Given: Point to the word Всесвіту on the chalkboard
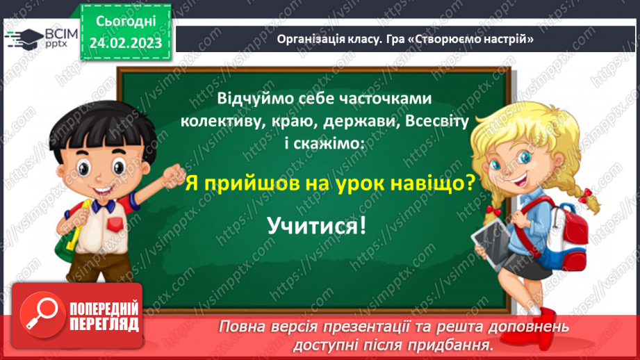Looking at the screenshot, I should pos(436,120).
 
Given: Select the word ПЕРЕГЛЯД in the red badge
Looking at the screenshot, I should pos(104,324).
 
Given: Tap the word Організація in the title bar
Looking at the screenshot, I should pos(308,39).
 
